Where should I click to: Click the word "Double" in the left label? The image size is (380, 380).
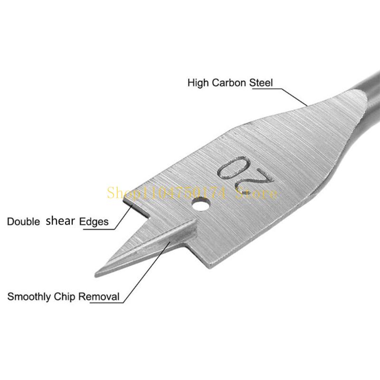click(x=23, y=221)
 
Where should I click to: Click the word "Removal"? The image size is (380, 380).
click(x=98, y=297)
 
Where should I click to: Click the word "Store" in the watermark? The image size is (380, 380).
click(x=258, y=193)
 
